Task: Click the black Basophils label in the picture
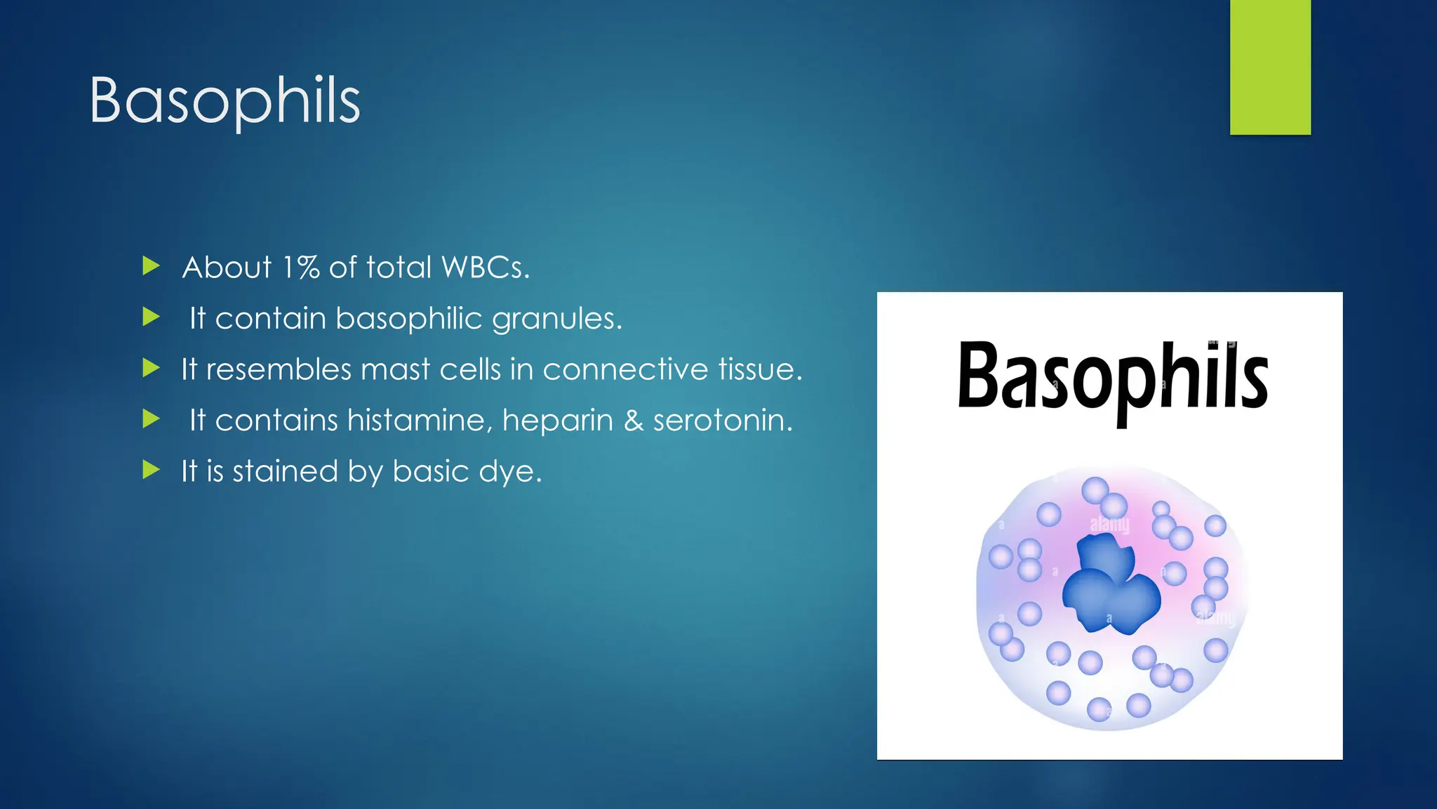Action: click(1112, 379)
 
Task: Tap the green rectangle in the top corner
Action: click(1270, 67)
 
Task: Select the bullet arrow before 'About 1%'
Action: click(151, 266)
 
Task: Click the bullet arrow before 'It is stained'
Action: click(151, 470)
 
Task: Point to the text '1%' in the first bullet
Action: click(300, 268)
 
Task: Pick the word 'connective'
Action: click(625, 370)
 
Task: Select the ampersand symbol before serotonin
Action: click(633, 421)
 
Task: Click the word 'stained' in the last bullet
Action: click(285, 471)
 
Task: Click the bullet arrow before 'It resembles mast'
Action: click(151, 368)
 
